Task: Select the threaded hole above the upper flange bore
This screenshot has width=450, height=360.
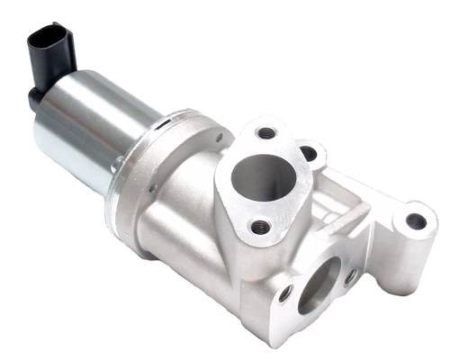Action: pos(266,133)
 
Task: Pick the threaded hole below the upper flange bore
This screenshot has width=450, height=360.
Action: pos(260,226)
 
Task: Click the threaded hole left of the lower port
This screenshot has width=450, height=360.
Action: pos(285,293)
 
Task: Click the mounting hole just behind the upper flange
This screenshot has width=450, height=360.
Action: pos(309,153)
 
